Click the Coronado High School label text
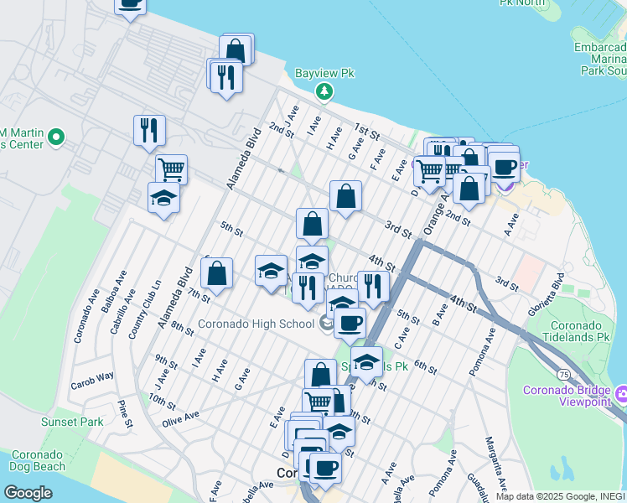point(256,324)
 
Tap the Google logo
point(28,493)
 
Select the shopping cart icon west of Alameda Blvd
point(171,169)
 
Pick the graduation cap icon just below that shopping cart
point(163,199)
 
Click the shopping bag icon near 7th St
point(216,273)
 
